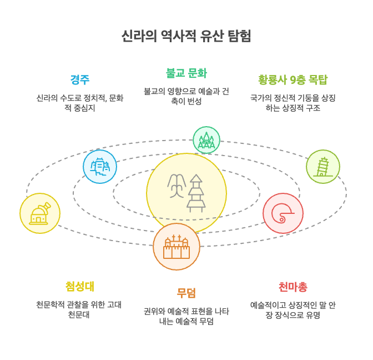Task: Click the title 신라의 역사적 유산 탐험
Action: tap(186, 36)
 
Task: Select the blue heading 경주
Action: tap(80, 79)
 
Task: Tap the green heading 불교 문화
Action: tap(186, 73)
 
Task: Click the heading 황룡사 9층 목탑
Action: tap(293, 79)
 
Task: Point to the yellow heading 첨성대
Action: tap(80, 286)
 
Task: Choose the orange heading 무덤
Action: tap(186, 293)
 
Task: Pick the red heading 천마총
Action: tap(293, 287)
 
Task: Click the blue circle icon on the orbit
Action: tap(100, 167)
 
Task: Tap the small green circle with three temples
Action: tap(206, 140)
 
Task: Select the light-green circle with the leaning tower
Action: tap(323, 167)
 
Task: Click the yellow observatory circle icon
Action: tap(40, 213)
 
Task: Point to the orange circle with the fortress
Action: tap(177, 247)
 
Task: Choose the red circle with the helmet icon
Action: tap(283, 213)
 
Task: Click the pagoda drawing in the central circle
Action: tap(196, 193)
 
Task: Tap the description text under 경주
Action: tap(80, 103)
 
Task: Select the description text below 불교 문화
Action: tap(186, 96)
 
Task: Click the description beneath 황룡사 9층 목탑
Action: tap(293, 103)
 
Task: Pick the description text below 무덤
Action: tap(186, 316)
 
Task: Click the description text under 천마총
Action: tap(293, 310)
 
